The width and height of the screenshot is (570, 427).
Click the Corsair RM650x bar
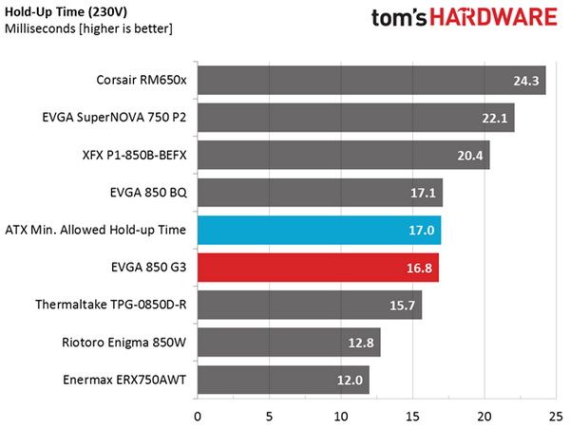pos(371,81)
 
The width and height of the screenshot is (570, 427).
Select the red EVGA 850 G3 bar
pos(318,268)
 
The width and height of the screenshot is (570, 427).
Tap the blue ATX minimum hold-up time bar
pos(319,231)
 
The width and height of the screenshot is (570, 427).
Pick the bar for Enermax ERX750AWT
pos(283,380)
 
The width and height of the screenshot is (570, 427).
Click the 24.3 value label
pos(526,81)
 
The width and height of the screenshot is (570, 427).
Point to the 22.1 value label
pos(494,118)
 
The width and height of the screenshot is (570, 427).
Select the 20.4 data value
pos(470,156)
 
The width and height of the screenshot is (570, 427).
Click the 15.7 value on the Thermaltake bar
pos(402,305)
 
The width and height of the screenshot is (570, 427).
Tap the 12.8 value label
pos(361,343)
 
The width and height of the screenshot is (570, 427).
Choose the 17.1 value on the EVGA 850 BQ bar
pos(423,193)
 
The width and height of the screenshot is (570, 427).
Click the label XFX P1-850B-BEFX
pos(134,155)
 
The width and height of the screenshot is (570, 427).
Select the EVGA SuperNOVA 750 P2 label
pos(114,118)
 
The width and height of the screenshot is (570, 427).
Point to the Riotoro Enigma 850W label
pos(123,342)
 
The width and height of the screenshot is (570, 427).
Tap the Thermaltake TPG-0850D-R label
pos(111,305)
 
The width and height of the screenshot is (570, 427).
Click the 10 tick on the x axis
pos(341,417)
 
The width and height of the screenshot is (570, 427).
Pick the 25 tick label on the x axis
pos(556,417)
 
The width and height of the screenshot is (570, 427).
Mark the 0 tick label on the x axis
pos(198,417)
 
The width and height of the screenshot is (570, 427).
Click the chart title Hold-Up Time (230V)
pos(66,11)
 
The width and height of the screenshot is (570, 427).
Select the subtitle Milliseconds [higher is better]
pos(88,28)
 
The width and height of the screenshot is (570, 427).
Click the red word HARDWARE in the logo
pos(494,17)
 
